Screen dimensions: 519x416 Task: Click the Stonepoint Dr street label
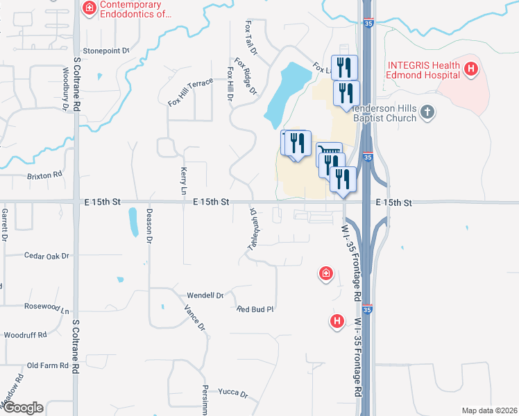coord(107,51)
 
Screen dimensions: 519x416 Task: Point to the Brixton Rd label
coord(44,175)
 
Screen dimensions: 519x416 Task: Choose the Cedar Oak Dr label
coord(46,256)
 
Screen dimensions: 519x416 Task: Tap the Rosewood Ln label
coord(47,308)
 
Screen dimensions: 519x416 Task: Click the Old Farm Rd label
coord(46,365)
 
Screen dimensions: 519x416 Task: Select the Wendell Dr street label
coord(205,295)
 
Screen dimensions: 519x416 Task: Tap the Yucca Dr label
coord(232,393)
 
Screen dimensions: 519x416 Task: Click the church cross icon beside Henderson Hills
coord(428,111)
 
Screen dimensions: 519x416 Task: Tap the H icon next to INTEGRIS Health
coord(471,69)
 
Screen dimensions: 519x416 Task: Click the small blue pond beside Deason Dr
coord(133,223)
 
